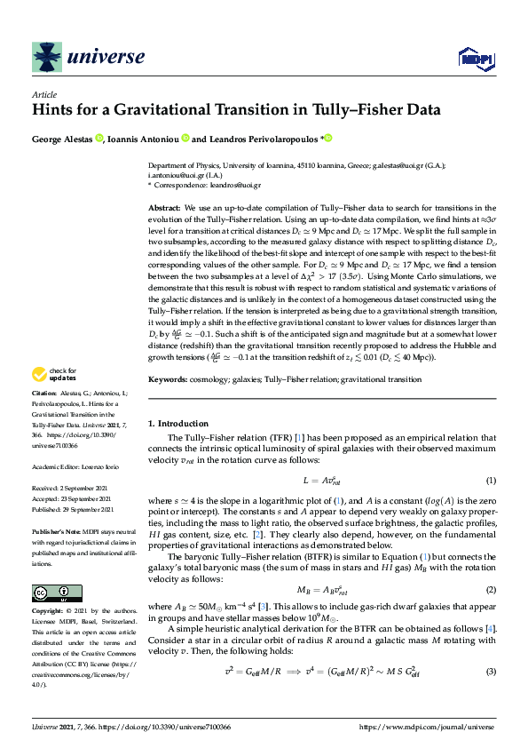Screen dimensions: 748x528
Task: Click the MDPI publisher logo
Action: point(475,59)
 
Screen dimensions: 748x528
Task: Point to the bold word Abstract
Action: point(164,206)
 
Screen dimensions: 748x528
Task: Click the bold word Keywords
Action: point(167,379)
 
